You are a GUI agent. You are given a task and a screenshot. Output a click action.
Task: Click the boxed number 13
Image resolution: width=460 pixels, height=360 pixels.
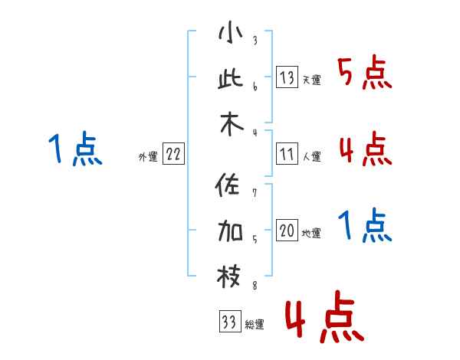pyautogui.click(x=287, y=77)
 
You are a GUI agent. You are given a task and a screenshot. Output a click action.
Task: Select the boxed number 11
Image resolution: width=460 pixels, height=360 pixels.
pyautogui.click(x=287, y=154)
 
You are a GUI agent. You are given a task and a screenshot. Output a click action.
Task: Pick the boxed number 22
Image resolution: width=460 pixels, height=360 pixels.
pyautogui.click(x=173, y=154)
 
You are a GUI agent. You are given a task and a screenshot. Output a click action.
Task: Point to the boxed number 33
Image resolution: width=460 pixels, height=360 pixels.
pyautogui.click(x=228, y=322)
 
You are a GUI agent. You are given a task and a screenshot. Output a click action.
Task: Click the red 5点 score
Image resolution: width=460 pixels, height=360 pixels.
pyautogui.click(x=364, y=74)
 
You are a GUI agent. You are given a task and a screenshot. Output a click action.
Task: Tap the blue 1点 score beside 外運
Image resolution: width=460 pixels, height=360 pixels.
pyautogui.click(x=75, y=149)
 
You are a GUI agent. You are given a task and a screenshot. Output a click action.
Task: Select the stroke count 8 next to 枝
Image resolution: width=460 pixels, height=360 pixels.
pyautogui.click(x=254, y=286)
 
